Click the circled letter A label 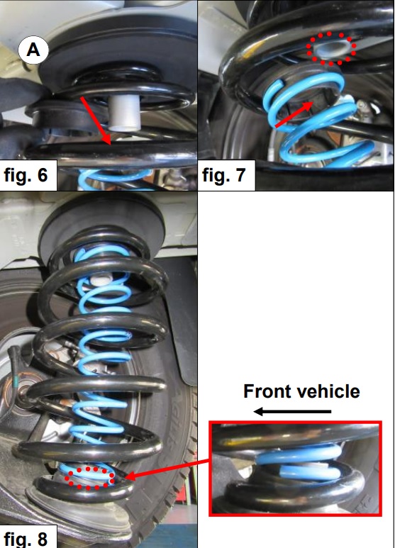pyautogui.click(x=33, y=50)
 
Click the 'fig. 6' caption pyautogui.click(x=26, y=174)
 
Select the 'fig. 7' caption pyautogui.click(x=223, y=174)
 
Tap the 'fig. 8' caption pyautogui.click(x=26, y=538)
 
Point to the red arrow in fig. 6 pyautogui.click(x=96, y=121)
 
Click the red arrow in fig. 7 pyautogui.click(x=294, y=114)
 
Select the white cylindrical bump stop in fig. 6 pyautogui.click(x=124, y=113)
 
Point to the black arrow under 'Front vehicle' pyautogui.click(x=292, y=412)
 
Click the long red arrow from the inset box pyautogui.click(x=167, y=470)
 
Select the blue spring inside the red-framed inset pyautogui.click(x=299, y=462)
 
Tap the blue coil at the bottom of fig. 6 pyautogui.click(x=116, y=178)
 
